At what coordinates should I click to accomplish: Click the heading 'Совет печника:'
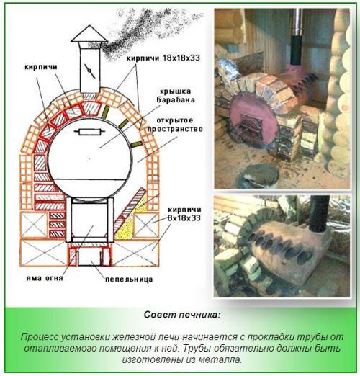tap(180, 315)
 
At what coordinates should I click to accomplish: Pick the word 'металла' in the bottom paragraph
tap(223, 359)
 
